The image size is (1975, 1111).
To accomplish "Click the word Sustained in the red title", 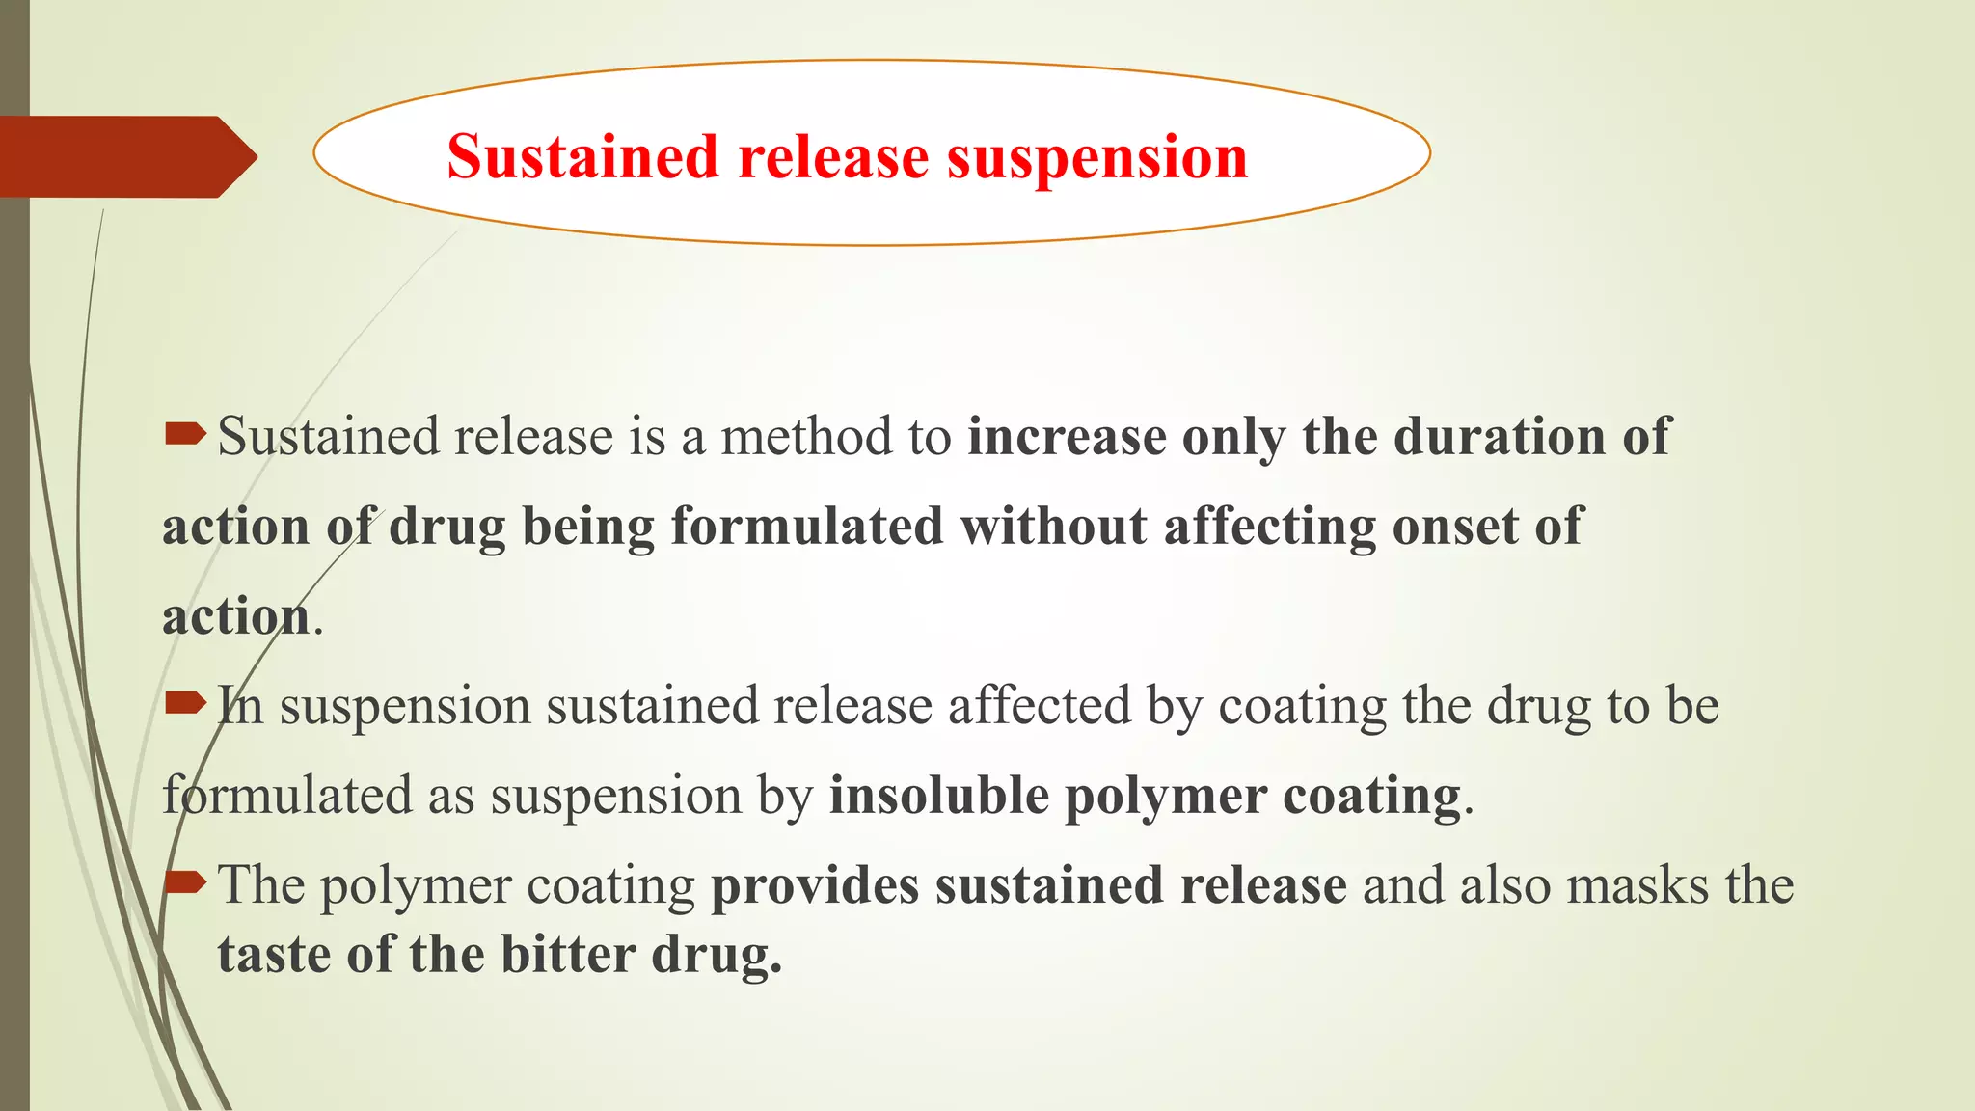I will tap(582, 157).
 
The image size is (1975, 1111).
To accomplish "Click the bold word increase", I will tap(1067, 436).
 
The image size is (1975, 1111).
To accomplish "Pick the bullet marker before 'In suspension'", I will tap(184, 703).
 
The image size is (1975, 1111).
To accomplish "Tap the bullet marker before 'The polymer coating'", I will tap(184, 881).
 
